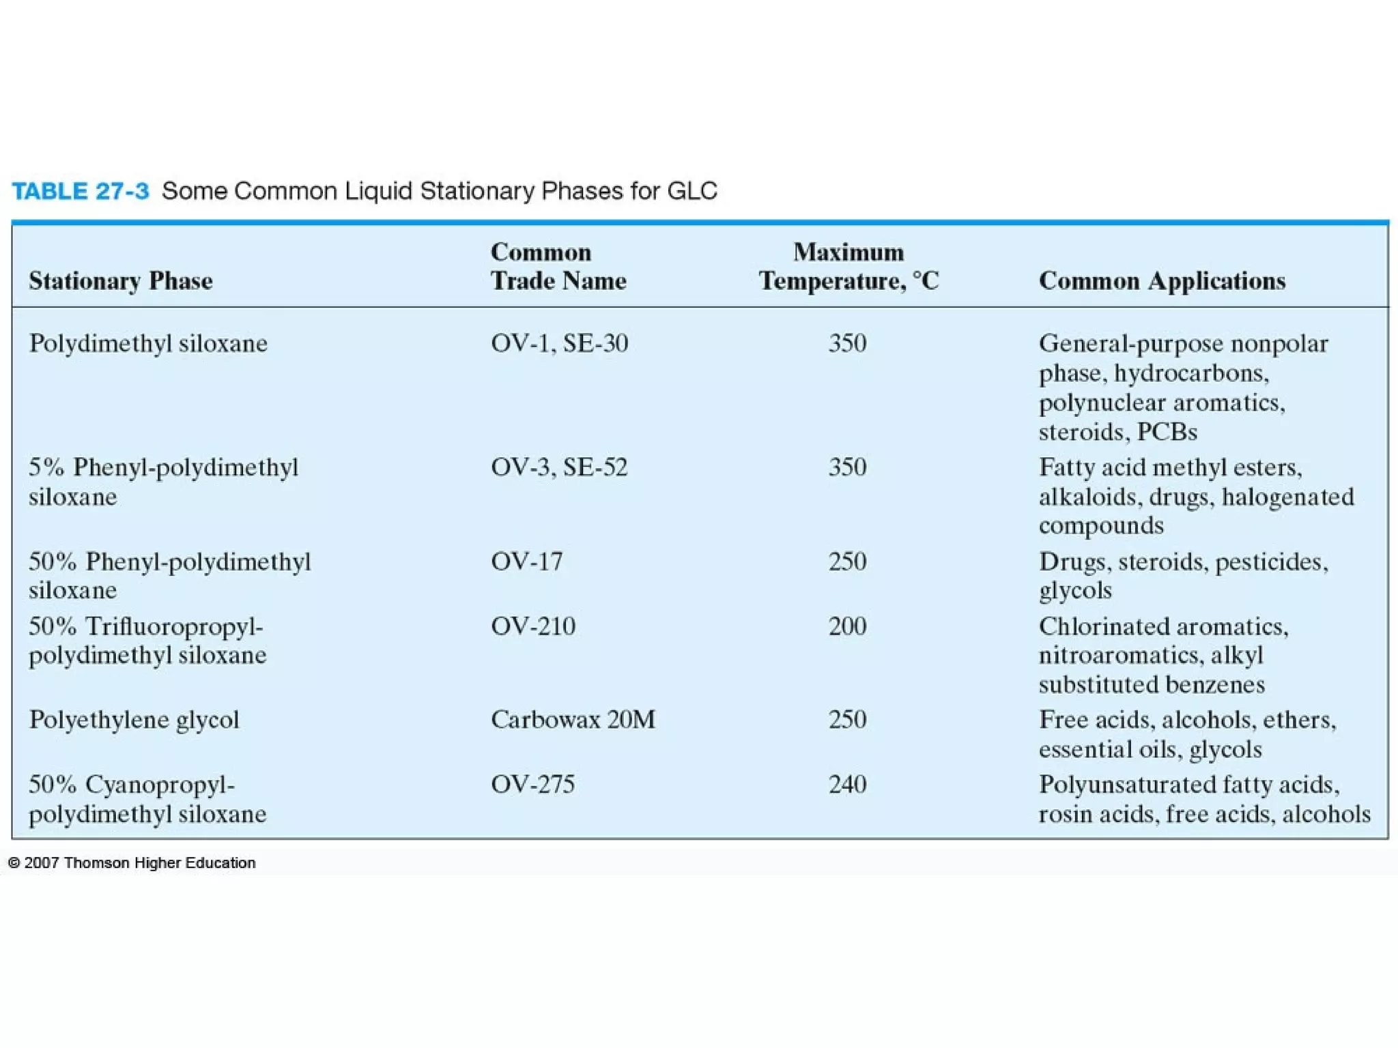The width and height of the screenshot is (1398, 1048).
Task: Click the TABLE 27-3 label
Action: (81, 191)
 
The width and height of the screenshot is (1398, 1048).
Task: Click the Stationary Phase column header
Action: (121, 281)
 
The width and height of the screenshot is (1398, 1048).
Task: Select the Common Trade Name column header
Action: (558, 267)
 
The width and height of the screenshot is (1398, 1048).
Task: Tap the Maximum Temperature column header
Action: (848, 267)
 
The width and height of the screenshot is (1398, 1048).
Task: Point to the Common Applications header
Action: (1162, 281)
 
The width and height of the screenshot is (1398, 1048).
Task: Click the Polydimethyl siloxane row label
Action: (148, 343)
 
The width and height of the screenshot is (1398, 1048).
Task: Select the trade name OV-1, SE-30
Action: (559, 343)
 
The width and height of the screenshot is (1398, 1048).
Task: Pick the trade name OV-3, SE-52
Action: (559, 467)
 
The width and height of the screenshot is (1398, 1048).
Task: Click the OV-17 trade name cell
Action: (527, 562)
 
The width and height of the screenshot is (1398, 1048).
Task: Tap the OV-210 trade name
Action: (533, 626)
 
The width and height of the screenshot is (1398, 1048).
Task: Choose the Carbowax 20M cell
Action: (573, 720)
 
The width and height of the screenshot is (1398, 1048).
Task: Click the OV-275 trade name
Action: (533, 785)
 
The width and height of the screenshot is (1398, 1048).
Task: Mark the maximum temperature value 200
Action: (848, 626)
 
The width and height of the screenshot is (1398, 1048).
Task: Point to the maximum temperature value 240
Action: (848, 785)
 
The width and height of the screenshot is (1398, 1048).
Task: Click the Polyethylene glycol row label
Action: (134, 720)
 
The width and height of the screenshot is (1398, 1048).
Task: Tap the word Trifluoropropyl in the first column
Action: (174, 626)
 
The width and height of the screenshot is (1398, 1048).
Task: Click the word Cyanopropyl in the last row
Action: (160, 785)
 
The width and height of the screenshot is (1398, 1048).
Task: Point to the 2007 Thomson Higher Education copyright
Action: (132, 863)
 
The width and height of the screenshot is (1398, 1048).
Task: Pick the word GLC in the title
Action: (692, 191)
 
